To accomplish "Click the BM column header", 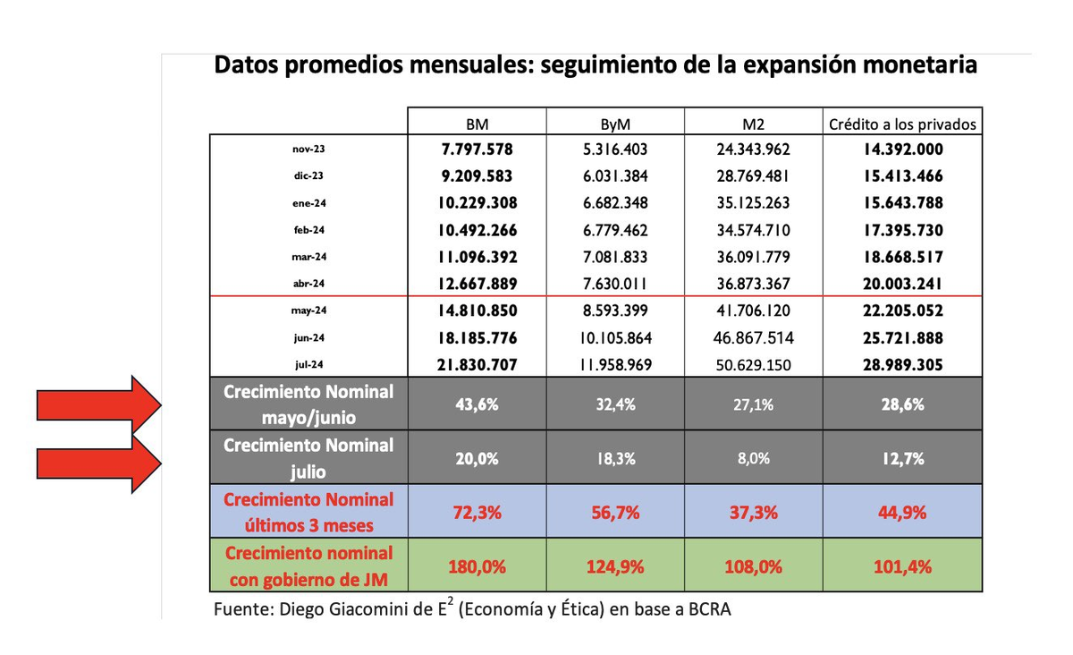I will [477, 123].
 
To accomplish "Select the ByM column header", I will [616, 123].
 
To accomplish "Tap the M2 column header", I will [754, 123].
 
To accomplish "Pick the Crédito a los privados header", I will [901, 123].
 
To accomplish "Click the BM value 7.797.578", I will [477, 149].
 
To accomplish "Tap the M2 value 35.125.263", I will [754, 203].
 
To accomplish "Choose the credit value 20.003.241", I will [901, 285].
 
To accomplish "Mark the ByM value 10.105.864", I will [616, 339].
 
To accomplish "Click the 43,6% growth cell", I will [477, 404].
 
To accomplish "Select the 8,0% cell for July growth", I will [754, 458].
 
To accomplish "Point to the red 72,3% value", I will [477, 513].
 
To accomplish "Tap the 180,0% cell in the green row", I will [477, 566].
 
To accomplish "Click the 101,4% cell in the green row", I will [901, 566].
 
